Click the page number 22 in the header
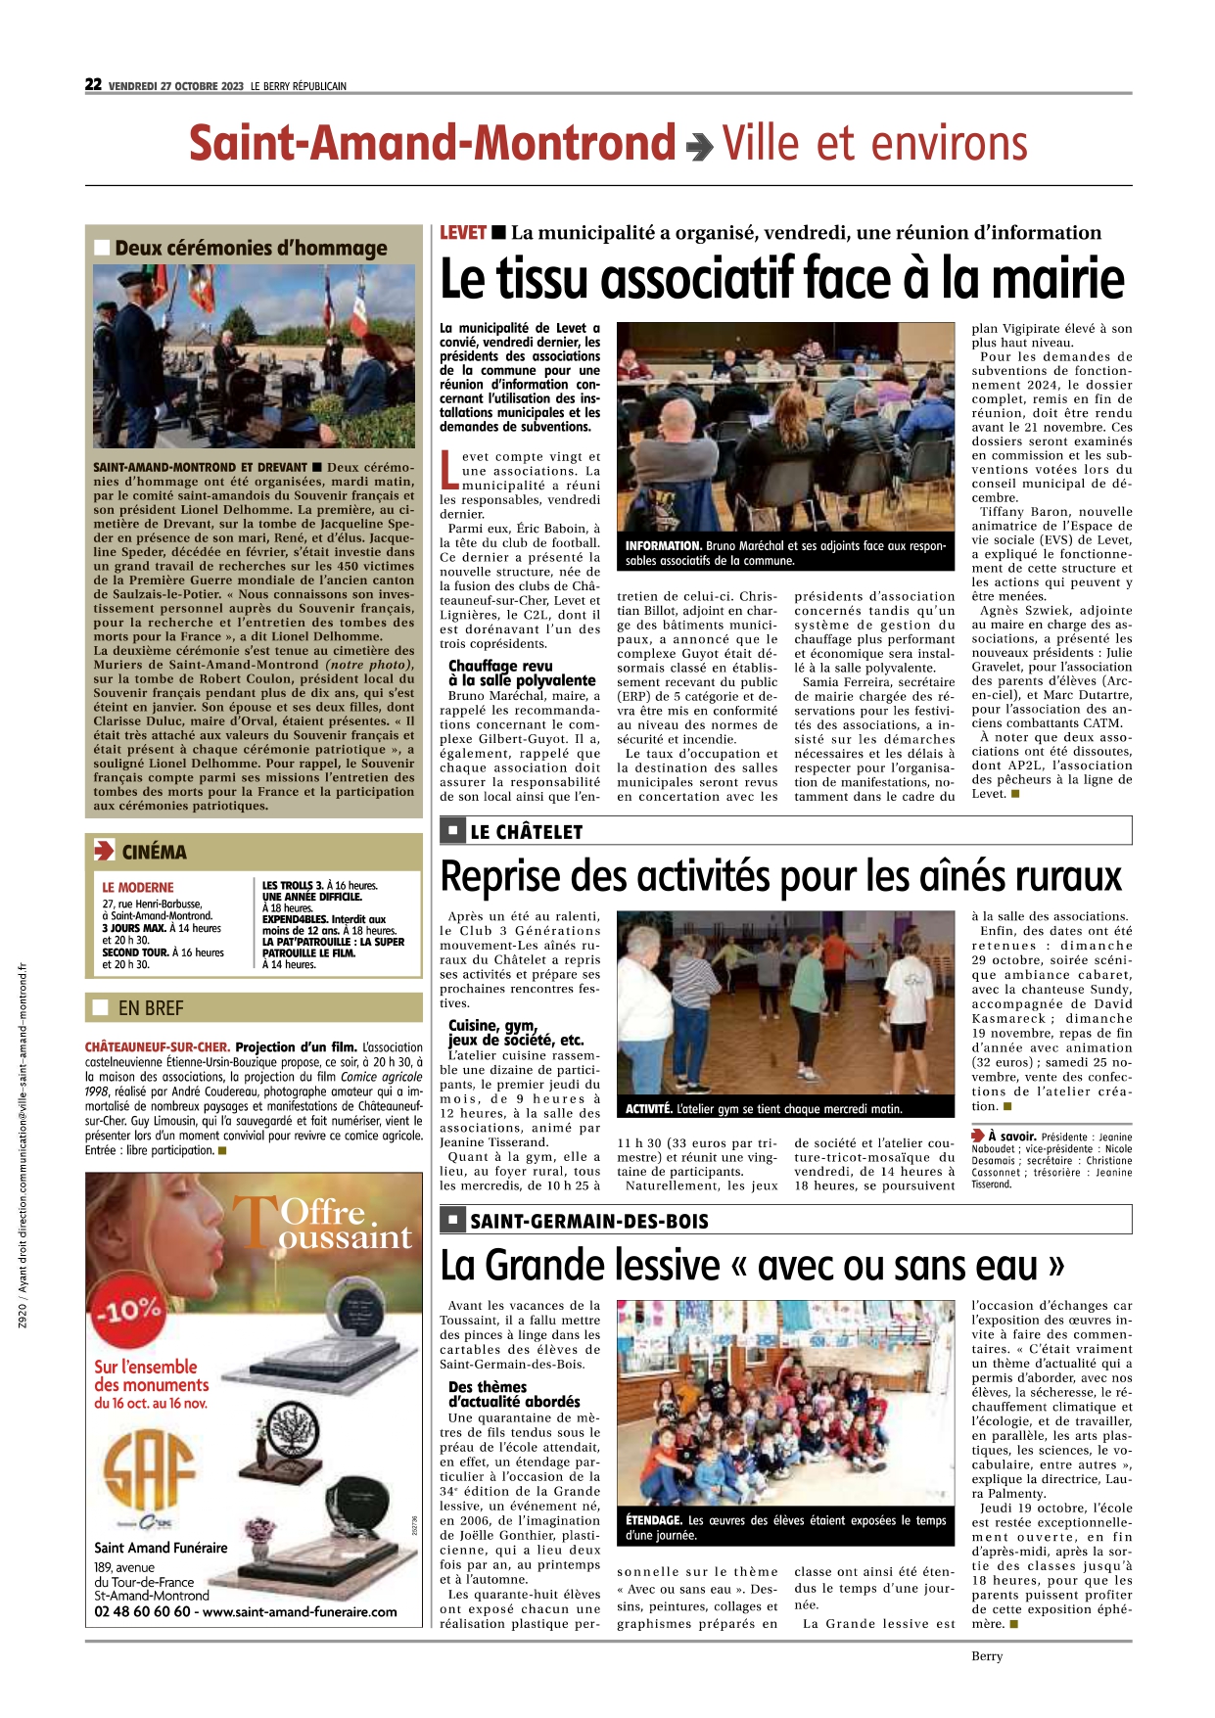pyautogui.click(x=93, y=84)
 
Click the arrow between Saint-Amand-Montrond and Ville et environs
pyautogui.click(x=699, y=147)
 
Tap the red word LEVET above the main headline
pyautogui.click(x=462, y=233)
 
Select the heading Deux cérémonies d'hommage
pyautogui.click(x=251, y=249)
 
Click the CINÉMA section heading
pyautogui.click(x=154, y=853)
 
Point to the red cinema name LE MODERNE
pyautogui.click(x=138, y=888)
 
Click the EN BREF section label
pyautogui.click(x=151, y=1008)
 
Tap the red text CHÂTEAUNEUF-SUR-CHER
pyautogui.click(x=158, y=1047)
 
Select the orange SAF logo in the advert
pyautogui.click(x=150, y=1472)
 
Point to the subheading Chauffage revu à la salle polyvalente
pyautogui.click(x=522, y=673)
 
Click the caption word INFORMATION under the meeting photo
pyautogui.click(x=664, y=546)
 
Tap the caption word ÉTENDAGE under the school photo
pyautogui.click(x=654, y=1520)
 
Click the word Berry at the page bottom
pyautogui.click(x=987, y=1656)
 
